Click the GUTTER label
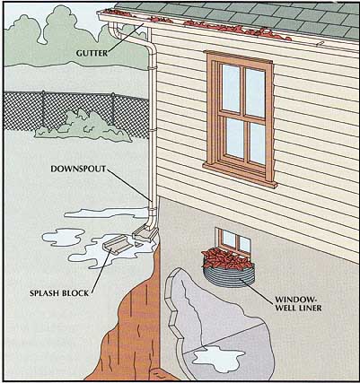pos(92,53)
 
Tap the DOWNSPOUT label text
pos(78,169)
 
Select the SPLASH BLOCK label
pos(59,293)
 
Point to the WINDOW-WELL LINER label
pos(298,303)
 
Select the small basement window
pos(233,240)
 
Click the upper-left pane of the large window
pos(231,88)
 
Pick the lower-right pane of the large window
pos(258,144)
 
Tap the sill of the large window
pos(241,176)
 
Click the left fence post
pos(44,109)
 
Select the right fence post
pos(113,109)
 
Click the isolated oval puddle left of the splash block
pos(64,237)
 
